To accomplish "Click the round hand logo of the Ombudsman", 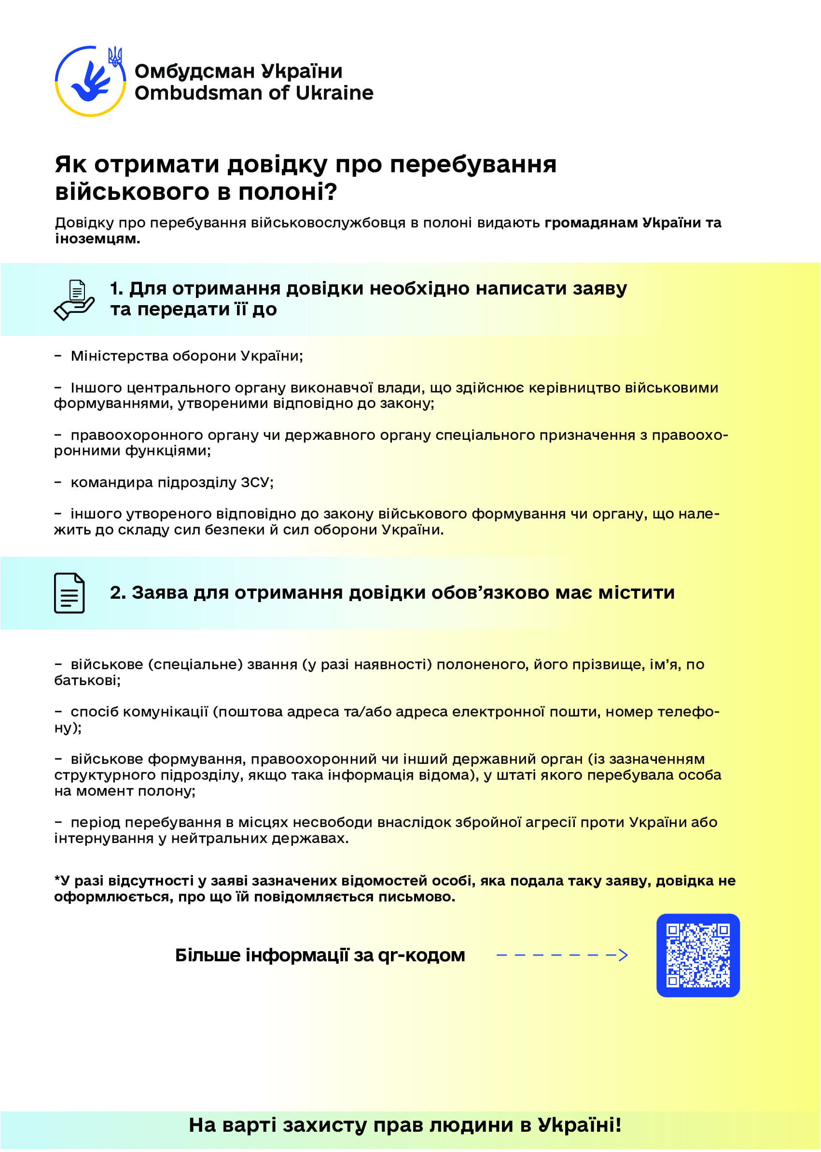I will click(90, 82).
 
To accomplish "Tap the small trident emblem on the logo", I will click(115, 56).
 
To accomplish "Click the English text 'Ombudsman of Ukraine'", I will click(254, 93).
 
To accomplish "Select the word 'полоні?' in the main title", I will click(287, 192).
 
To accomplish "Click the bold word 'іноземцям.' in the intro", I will click(97, 239).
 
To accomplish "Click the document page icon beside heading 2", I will click(69, 593).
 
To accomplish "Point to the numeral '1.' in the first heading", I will click(116, 289).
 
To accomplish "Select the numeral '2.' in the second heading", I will click(118, 593).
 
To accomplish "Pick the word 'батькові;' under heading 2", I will click(87, 681).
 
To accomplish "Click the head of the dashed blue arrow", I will click(623, 955).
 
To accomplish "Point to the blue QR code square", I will click(697, 955).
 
